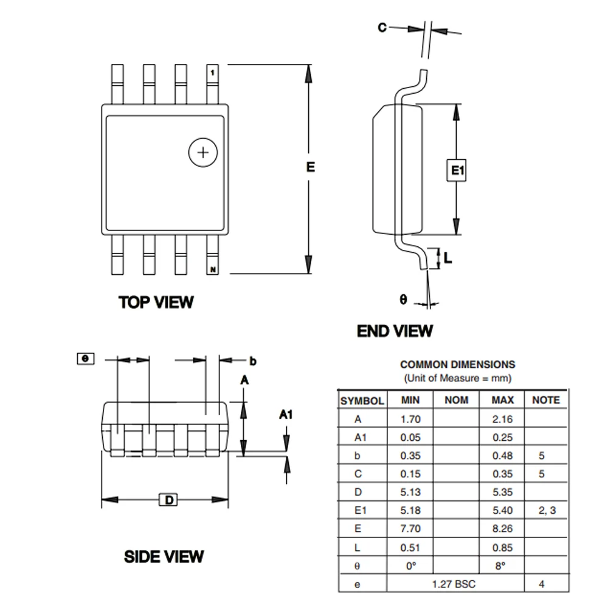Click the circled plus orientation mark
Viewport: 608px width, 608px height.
tap(202, 152)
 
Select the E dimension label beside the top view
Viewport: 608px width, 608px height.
tap(311, 167)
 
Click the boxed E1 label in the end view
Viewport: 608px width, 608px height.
tap(457, 171)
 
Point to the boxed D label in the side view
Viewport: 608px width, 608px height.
tap(170, 500)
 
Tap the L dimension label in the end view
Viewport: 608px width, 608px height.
tap(448, 258)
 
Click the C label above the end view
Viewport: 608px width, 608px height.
tap(382, 27)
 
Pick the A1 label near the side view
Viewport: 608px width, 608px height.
tap(286, 415)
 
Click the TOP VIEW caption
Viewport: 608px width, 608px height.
tap(156, 302)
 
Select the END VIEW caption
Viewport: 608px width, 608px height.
tap(395, 331)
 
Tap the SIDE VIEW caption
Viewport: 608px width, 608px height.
tap(164, 556)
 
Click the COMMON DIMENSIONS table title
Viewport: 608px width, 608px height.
tap(457, 365)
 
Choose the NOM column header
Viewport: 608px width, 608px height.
tap(457, 400)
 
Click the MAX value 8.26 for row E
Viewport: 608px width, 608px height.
tap(503, 529)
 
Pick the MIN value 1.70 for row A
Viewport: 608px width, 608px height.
tap(410, 418)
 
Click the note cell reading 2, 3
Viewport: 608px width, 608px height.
tap(547, 510)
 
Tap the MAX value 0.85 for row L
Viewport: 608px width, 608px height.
tap(503, 547)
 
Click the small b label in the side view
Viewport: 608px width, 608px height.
tap(253, 361)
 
